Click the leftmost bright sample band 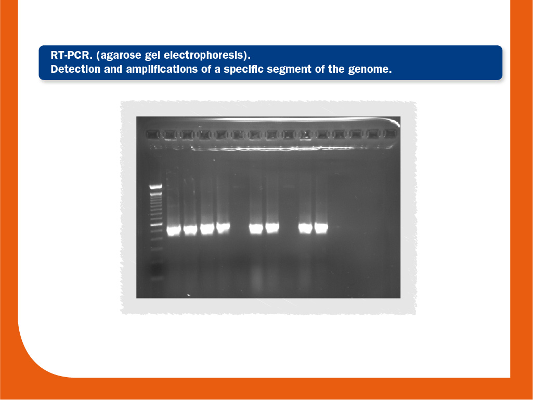pos(174,230)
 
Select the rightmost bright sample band pos(321,228)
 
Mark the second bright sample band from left pos(190,229)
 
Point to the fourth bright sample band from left pos(223,227)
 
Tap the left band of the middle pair pos(256,228)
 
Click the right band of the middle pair pos(272,227)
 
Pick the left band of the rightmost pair pos(305,228)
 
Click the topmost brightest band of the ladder pos(156,186)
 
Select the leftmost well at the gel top pos(153,134)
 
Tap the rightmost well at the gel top pos(390,134)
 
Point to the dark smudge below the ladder pos(157,270)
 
